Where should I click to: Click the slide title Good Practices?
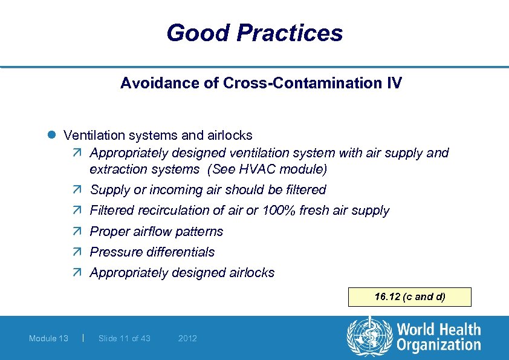pyautogui.click(x=254, y=33)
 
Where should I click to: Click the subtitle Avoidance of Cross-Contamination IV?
pyautogui.click(x=261, y=83)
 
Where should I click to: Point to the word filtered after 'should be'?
pyautogui.click(x=306, y=190)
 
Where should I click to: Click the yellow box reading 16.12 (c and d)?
pyautogui.click(x=410, y=297)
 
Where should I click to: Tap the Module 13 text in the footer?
pyautogui.click(x=48, y=338)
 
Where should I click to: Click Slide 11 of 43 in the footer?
pyautogui.click(x=124, y=338)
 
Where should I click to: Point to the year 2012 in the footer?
pyautogui.click(x=187, y=338)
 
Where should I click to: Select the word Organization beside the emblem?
pyautogui.click(x=438, y=345)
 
